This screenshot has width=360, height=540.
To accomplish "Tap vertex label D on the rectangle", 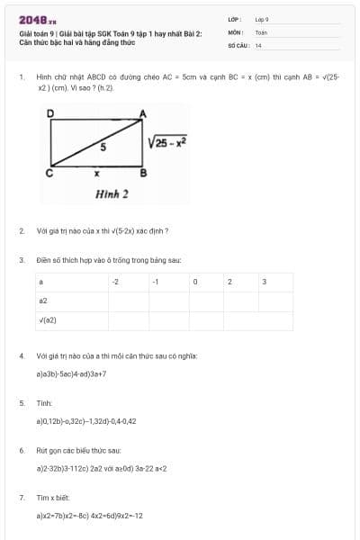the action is pyautogui.click(x=50, y=112).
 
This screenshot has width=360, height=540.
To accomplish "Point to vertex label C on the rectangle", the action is pyautogui.click(x=50, y=171).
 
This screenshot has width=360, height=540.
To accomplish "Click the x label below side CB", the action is pyautogui.click(x=97, y=171).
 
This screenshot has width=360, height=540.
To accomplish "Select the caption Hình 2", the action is pyautogui.click(x=112, y=193).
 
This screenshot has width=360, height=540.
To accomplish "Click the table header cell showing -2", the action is pyautogui.click(x=115, y=282).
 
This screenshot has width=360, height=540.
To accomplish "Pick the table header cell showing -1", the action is pyautogui.click(x=156, y=282).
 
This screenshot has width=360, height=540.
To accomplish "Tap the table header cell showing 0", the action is pyautogui.click(x=194, y=282).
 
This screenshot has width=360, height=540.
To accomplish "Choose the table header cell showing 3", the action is pyautogui.click(x=264, y=282).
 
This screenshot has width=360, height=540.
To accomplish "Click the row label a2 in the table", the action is pyautogui.click(x=43, y=301).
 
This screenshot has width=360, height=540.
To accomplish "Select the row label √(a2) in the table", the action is pyautogui.click(x=48, y=319).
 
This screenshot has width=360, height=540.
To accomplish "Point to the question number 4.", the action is pyautogui.click(x=21, y=355).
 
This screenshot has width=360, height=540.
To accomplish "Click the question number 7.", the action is pyautogui.click(x=21, y=497).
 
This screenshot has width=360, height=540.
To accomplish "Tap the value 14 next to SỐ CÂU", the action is pyautogui.click(x=258, y=44).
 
